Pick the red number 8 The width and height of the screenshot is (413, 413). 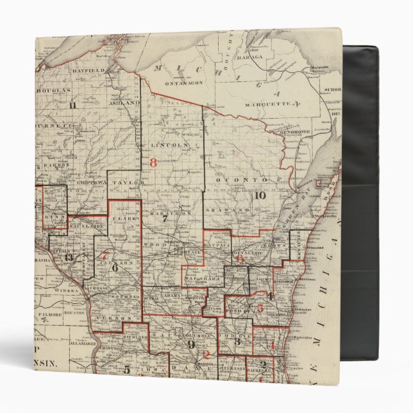click(153, 162)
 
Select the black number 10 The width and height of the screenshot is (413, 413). click(259, 196)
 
